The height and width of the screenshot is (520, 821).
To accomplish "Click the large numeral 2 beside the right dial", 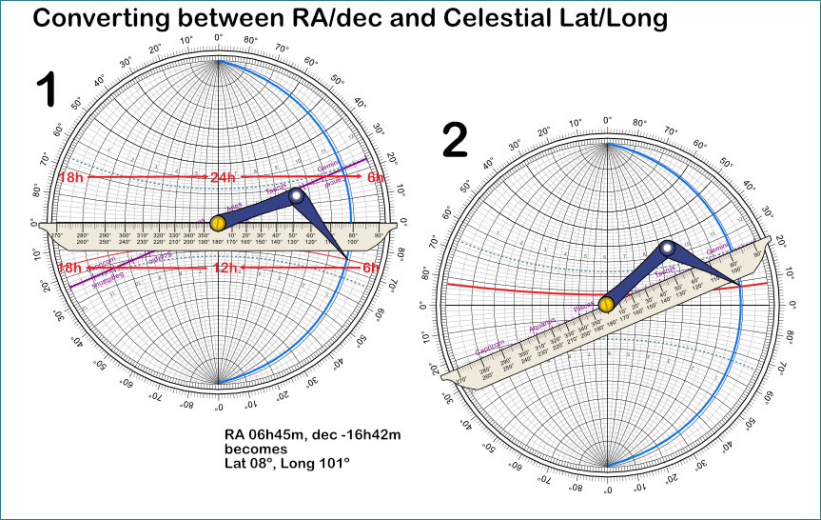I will (456, 141).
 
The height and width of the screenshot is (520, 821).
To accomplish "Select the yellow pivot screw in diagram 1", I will (218, 223).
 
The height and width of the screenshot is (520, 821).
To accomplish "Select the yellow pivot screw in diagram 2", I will (606, 305).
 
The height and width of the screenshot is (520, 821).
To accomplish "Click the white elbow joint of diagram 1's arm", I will (297, 197).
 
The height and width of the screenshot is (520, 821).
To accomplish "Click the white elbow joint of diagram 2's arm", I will (667, 249).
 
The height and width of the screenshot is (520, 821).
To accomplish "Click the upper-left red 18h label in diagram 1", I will (69, 178).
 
